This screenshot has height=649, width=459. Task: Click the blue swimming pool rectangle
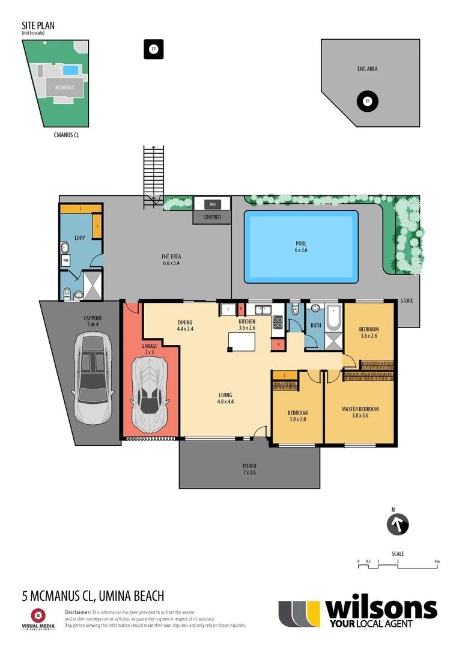click(301, 246)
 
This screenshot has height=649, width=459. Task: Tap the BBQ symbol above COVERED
click(212, 204)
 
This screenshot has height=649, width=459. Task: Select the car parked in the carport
click(93, 378)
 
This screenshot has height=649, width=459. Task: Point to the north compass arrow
click(397, 524)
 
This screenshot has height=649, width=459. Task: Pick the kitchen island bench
click(242, 341)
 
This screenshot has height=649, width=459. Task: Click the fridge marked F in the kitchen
click(228, 309)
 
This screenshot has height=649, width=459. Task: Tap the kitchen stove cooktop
click(278, 322)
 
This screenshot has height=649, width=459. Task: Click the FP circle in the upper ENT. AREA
click(367, 101)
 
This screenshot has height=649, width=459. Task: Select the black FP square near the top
click(153, 49)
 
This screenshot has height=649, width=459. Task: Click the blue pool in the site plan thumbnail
click(71, 70)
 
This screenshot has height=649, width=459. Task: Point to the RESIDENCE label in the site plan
click(65, 88)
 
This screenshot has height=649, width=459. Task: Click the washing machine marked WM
click(65, 261)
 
